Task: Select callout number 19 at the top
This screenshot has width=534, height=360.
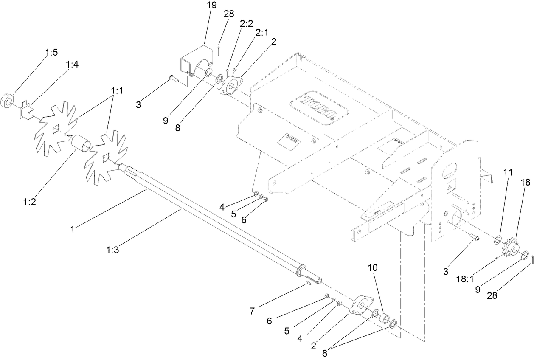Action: [211, 5]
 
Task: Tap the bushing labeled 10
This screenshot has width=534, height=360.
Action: [384, 318]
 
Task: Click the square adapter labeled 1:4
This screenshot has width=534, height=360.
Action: [28, 112]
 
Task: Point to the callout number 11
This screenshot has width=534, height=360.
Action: [508, 172]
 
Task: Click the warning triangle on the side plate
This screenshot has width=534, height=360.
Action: [450, 186]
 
